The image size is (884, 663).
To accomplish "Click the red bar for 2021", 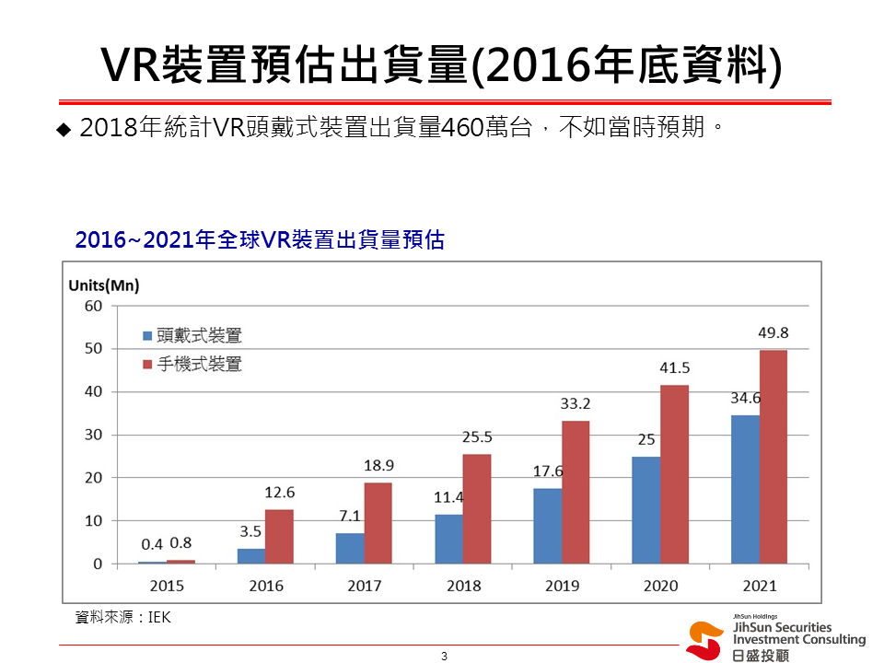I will coord(773,457).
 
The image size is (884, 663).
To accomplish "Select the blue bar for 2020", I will coord(646,510).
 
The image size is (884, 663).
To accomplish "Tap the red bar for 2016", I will coord(280,536).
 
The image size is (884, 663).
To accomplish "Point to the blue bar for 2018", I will coord(448,539).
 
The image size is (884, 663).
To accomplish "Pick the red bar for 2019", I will coord(576,492).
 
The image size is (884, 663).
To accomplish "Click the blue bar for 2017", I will coord(350,548).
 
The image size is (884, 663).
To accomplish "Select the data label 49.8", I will coord(773,333).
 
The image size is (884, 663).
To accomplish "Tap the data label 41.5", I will coord(674,367).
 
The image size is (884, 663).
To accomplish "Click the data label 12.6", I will coord(279,492).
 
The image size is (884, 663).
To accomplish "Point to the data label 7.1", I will coord(349,516).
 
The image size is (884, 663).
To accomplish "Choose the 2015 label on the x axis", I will coord(167,586).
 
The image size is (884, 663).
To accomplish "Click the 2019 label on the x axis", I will coord(562,586).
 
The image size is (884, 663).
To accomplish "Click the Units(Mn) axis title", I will coord(104,285).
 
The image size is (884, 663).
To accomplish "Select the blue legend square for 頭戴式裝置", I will coord(146,336).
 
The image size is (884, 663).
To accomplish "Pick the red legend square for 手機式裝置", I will coord(146,365).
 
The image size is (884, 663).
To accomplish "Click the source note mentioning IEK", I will coord(123,618).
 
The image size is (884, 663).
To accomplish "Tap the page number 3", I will coord(444,656).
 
